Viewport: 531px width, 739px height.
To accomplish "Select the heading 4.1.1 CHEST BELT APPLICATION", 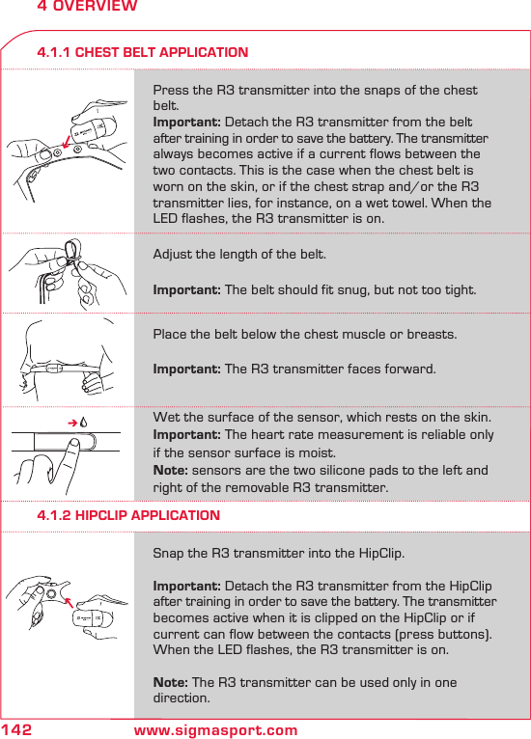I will pos(142,52).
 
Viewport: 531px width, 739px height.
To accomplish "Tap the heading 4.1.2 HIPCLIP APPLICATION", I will pos(127,515).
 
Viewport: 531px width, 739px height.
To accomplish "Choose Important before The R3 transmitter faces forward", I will pos(187,369).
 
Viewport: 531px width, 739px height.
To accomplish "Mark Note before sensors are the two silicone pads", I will pos(171,471).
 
